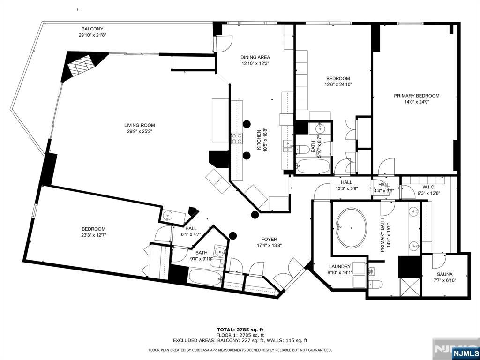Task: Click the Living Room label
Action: pyautogui.click(x=140, y=125)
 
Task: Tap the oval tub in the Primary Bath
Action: pyautogui.click(x=351, y=228)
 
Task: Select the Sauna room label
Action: pyautogui.click(x=445, y=274)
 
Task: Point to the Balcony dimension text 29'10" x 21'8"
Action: pyautogui.click(x=92, y=35)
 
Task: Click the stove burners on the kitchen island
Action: pyautogui.click(x=237, y=138)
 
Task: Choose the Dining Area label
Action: pyautogui.click(x=255, y=57)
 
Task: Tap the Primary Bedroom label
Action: pyautogui.click(x=416, y=96)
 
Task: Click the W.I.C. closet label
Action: pyautogui.click(x=428, y=187)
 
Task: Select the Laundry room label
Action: pyautogui.click(x=340, y=266)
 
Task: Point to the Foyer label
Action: pyautogui.click(x=269, y=240)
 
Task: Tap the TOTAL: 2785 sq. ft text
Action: pyautogui.click(x=240, y=330)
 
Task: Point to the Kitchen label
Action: pyautogui.click(x=258, y=140)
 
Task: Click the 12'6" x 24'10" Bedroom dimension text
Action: pyautogui.click(x=338, y=84)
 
